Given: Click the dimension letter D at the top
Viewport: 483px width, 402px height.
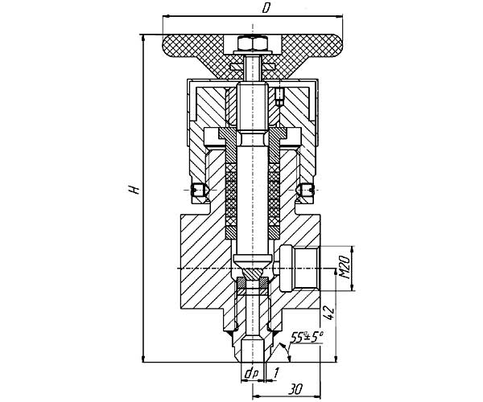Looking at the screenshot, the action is [265, 8].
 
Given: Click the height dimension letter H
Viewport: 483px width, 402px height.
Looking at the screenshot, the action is [134, 190].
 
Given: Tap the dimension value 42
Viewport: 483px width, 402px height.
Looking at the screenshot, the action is [329, 313].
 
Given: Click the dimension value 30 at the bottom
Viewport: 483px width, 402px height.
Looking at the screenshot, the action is [295, 390].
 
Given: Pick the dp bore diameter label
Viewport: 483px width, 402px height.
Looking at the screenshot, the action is [251, 373].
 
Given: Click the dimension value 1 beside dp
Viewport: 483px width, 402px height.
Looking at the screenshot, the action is [275, 373].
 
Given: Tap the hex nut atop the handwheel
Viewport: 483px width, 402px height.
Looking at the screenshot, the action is [253, 43].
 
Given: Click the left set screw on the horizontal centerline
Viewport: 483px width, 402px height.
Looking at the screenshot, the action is [200, 190].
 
